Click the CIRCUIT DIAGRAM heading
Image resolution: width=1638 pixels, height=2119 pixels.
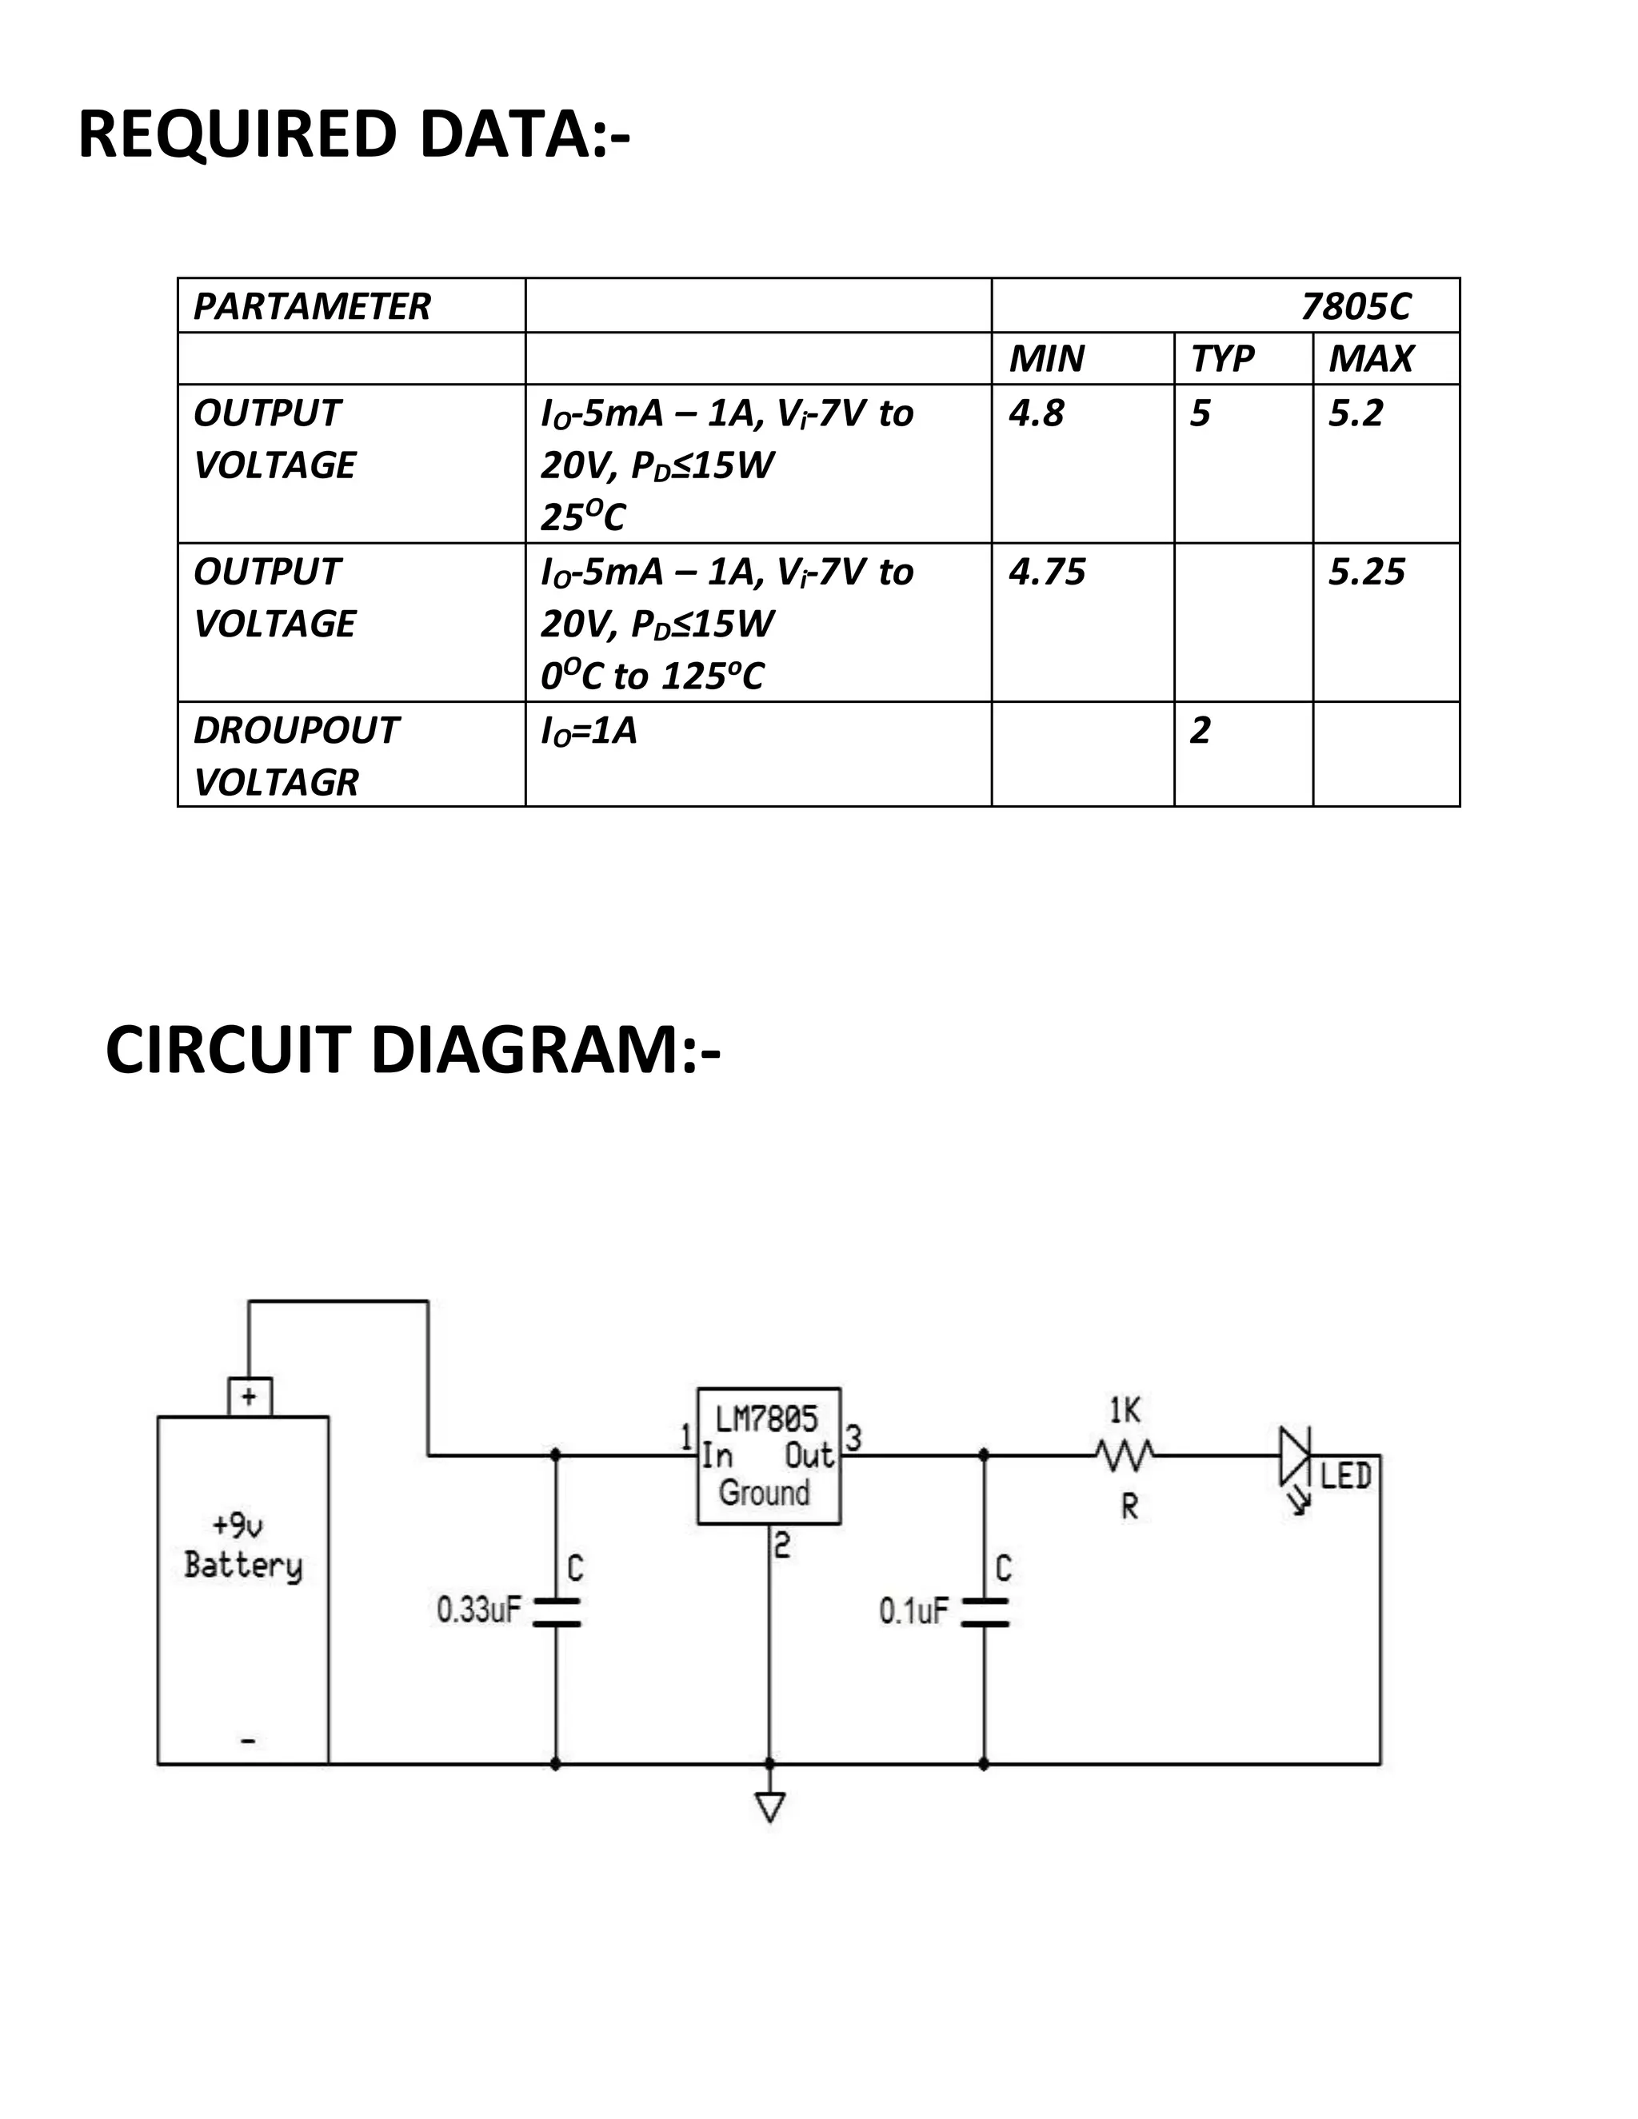pyautogui.click(x=413, y=1051)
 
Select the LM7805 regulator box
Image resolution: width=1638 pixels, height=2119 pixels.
pyautogui.click(x=769, y=1455)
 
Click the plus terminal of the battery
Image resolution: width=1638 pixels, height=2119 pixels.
pyautogui.click(x=250, y=1396)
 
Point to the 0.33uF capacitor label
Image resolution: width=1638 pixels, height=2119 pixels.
pyautogui.click(x=478, y=1610)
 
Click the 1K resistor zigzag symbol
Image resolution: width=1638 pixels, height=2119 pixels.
pyautogui.click(x=1125, y=1455)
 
